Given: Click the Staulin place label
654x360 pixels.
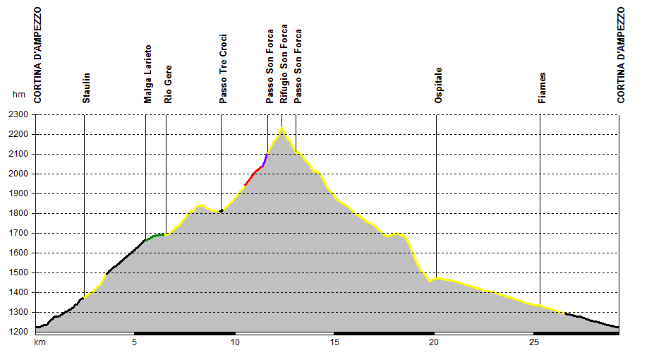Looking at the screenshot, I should coord(86,88).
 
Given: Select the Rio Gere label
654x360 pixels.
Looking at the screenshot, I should coord(168,85).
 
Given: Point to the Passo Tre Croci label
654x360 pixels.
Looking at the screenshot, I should coord(223,69).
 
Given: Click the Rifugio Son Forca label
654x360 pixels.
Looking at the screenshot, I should coord(284,66).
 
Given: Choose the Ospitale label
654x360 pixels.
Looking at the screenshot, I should coord(438,86).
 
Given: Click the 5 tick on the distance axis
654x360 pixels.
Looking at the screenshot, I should coord(134,342).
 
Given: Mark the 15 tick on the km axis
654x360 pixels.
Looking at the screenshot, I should coord(335,342).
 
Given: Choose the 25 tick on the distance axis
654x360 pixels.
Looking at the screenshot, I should coord(534,342).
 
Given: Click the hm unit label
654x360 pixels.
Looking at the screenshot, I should coord(18,95).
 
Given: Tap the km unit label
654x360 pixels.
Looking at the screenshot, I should coord(40,342).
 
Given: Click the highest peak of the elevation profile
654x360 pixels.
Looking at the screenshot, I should coord(281,128).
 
